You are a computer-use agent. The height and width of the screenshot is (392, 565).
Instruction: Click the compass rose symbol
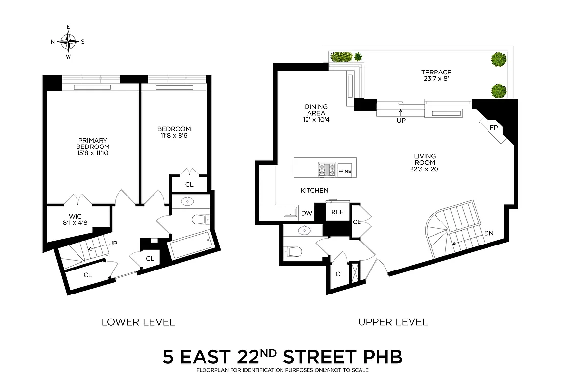tap(68, 42)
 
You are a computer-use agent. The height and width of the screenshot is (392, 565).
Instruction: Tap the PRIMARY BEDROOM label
tap(93, 143)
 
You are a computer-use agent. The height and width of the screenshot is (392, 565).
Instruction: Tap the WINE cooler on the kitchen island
tap(345, 171)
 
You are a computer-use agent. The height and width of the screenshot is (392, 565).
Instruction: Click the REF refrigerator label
tap(337, 212)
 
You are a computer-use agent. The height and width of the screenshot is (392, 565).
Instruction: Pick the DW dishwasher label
tap(307, 213)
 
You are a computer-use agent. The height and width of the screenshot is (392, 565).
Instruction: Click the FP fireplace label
tap(494, 127)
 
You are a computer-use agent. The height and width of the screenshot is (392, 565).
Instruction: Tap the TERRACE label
tap(436, 73)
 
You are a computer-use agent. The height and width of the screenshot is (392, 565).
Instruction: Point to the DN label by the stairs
tap(488, 233)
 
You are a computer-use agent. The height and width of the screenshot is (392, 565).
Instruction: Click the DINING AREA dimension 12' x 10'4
tap(316, 119)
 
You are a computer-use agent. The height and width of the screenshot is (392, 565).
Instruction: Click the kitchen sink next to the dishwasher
tap(290, 212)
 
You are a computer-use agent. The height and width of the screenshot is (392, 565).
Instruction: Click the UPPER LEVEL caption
tap(392, 322)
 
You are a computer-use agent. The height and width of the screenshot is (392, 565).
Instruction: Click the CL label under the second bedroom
tap(189, 185)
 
